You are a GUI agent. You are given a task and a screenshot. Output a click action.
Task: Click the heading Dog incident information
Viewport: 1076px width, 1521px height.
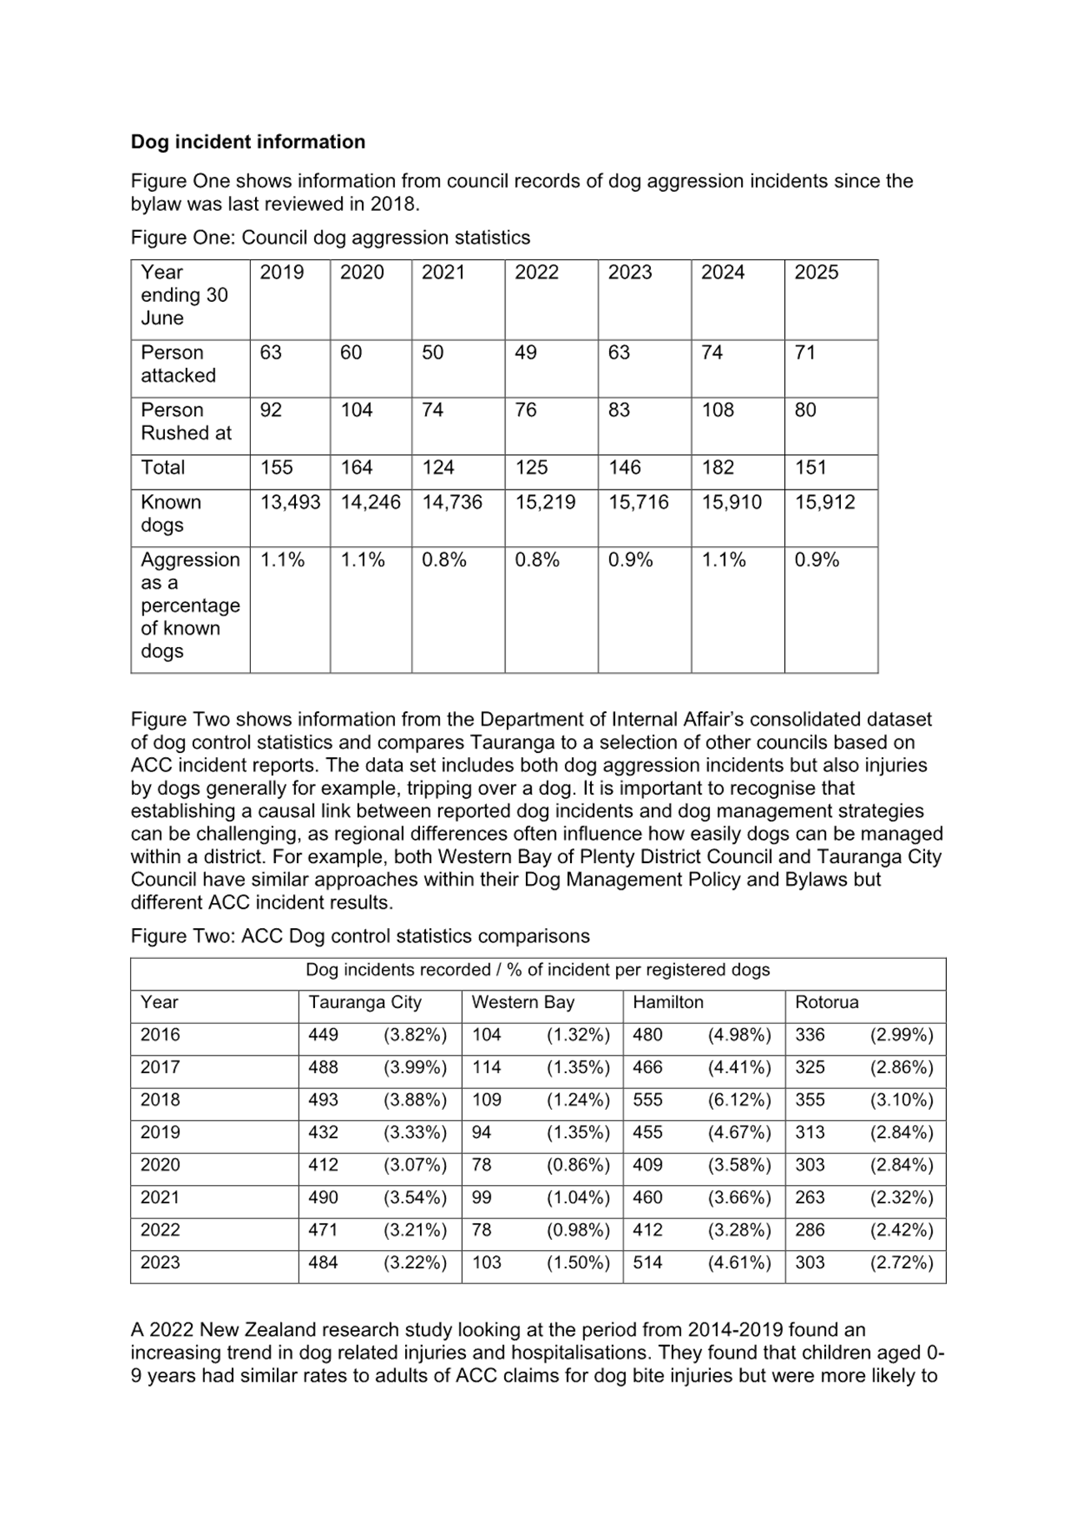(x=248, y=142)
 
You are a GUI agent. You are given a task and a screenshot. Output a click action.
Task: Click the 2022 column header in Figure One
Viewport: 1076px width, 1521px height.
(x=536, y=273)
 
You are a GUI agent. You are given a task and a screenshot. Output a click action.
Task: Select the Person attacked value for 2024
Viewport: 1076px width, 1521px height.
(x=711, y=353)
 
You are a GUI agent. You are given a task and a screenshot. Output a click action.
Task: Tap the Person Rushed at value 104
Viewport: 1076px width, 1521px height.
(x=357, y=410)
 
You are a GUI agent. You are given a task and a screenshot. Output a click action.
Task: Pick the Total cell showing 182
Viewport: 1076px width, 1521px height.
(x=718, y=468)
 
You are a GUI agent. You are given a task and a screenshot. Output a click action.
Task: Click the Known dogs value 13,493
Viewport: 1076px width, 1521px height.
(x=290, y=502)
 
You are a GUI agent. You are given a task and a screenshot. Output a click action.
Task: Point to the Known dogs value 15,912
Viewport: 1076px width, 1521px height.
(x=824, y=502)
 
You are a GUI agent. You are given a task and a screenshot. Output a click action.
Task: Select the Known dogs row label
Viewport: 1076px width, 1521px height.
(x=171, y=514)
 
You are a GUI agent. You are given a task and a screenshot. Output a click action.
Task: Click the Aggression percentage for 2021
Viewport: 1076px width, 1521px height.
(x=443, y=560)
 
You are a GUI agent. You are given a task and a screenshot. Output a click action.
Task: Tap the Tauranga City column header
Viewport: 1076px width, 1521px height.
(x=365, y=1002)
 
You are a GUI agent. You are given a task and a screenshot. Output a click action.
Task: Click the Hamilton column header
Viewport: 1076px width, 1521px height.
(x=668, y=1002)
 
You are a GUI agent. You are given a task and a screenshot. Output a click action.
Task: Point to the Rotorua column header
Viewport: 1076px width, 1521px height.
(x=827, y=1002)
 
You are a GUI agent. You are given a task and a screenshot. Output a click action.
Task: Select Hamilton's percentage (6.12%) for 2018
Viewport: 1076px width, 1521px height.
(x=739, y=1100)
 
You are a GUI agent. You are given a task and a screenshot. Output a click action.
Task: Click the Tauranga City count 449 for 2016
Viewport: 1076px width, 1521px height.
(x=323, y=1035)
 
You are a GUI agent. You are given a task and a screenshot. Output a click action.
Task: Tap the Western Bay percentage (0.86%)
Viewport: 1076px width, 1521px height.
(x=578, y=1165)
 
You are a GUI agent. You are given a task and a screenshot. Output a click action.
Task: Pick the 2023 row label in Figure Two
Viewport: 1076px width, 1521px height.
(x=160, y=1262)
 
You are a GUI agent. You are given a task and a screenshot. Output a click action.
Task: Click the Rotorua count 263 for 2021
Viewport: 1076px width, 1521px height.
(x=810, y=1197)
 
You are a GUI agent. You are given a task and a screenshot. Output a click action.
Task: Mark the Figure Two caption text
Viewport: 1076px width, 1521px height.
(x=360, y=936)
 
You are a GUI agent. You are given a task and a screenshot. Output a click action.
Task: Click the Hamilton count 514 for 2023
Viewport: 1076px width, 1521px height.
(x=648, y=1262)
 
